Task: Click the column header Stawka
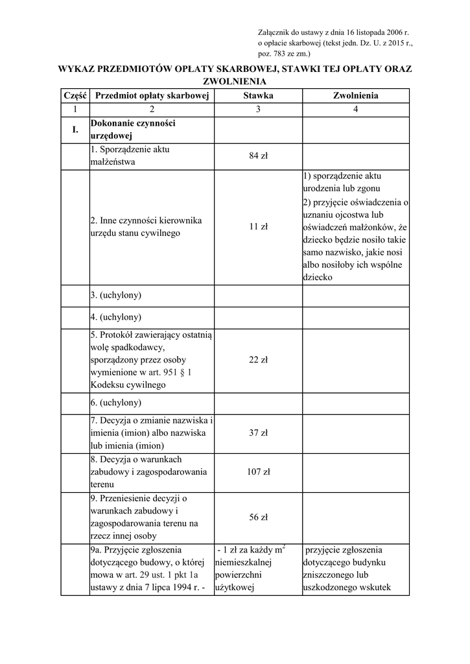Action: [x=258, y=95]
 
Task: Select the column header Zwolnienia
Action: [x=355, y=95]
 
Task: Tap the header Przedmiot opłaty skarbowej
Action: [x=151, y=95]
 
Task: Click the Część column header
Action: [x=75, y=95]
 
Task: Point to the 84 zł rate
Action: [x=258, y=156]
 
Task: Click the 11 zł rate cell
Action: [x=258, y=227]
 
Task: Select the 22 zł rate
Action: [x=258, y=360]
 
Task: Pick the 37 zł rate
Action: [x=258, y=433]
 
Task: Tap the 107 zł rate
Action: [x=258, y=472]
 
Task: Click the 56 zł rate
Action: [x=258, y=517]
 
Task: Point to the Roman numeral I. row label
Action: [x=75, y=130]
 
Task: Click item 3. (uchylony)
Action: [x=116, y=295]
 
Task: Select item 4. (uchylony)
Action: [x=116, y=317]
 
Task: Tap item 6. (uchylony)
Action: [x=116, y=403]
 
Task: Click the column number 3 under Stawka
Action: [x=258, y=109]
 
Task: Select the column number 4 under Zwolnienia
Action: [x=355, y=109]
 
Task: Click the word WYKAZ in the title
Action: [x=78, y=69]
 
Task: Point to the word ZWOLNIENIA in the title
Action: [x=235, y=82]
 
